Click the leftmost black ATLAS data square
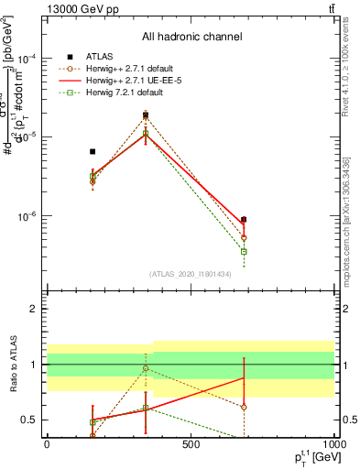(x=93, y=151)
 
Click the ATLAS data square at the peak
(x=146, y=115)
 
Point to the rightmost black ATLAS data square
(x=244, y=220)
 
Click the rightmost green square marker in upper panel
(x=244, y=251)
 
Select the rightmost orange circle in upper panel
(x=244, y=237)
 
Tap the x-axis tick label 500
(x=190, y=443)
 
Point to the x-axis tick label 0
(x=47, y=443)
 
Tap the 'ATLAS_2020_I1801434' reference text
(x=191, y=274)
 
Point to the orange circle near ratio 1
(x=146, y=368)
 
